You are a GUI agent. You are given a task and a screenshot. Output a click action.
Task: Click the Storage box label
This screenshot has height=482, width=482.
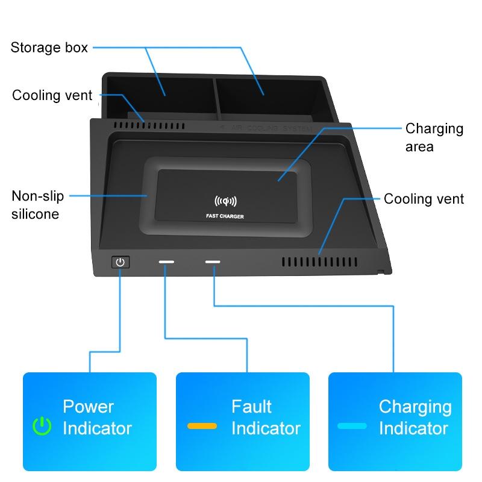pos(49,48)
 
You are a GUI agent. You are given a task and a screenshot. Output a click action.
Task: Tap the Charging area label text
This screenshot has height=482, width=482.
pos(434,137)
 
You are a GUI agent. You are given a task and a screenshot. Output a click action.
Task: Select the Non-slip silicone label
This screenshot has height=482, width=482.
pos(36,205)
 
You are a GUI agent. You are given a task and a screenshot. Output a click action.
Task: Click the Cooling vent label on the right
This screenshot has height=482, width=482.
pos(424,199)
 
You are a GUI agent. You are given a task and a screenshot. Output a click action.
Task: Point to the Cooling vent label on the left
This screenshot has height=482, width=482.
pos(52,95)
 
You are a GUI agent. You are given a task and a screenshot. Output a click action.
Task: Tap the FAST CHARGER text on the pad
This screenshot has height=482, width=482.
pos(225,216)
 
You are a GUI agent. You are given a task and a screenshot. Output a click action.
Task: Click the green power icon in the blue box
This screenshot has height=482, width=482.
pos(42,427)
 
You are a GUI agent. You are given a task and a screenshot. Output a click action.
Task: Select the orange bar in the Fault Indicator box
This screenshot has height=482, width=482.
pos(202,426)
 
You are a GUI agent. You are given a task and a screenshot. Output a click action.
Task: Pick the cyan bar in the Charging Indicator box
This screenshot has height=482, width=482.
pos(352,426)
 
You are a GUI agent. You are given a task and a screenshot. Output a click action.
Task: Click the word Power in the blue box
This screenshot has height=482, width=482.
pos(88,407)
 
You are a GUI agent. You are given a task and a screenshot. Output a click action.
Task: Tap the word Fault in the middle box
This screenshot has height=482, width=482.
pos(251,407)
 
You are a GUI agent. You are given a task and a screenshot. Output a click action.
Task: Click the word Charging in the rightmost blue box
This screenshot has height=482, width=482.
pos(415,407)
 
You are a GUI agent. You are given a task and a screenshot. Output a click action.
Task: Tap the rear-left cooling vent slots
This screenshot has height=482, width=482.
pos(150,127)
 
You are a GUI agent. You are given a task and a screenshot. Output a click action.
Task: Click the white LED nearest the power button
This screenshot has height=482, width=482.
pos(166,262)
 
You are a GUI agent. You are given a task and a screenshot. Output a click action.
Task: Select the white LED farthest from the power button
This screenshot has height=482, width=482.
pos(213,262)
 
